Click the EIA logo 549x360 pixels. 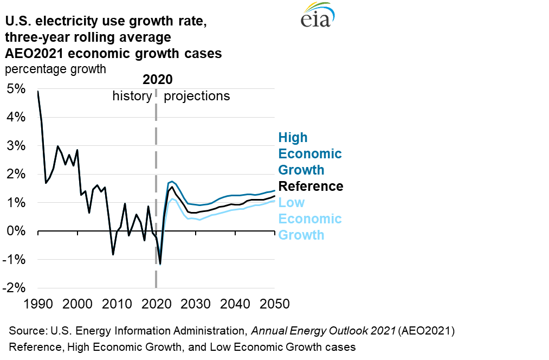coord(319,16)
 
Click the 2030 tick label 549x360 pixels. coord(193,304)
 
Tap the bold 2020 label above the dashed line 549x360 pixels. coord(157,80)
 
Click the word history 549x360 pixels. coord(132,96)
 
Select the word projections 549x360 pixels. coord(197,96)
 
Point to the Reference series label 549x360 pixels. coord(311,187)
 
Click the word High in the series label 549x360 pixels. coord(293,138)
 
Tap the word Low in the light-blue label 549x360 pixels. coord(292,203)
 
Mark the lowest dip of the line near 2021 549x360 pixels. coord(160,264)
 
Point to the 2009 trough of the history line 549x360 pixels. coord(113,254)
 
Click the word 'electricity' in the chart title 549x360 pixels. coord(68,23)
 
